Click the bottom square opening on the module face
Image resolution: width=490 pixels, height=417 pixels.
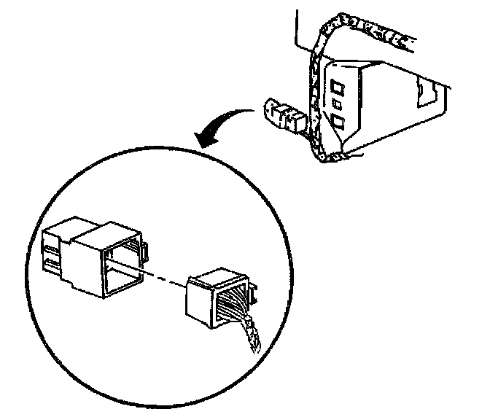click(x=339, y=118)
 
